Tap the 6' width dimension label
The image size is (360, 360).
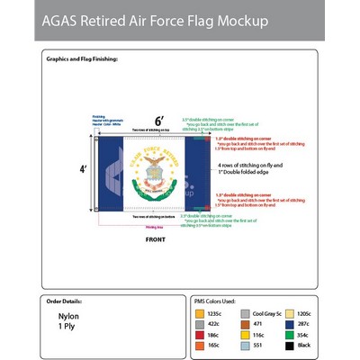[158, 121]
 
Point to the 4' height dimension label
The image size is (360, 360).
[83, 168]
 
